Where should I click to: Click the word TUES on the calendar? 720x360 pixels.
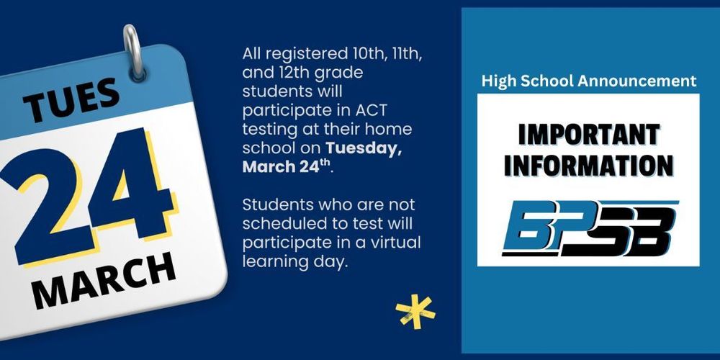pos(72,100)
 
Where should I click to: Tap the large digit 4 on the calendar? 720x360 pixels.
pos(133,184)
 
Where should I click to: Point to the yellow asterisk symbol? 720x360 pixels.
pos(415,311)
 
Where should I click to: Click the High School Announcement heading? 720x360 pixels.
pos(588,81)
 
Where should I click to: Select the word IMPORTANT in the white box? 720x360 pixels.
pos(588,135)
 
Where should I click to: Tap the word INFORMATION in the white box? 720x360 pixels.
pos(588,165)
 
